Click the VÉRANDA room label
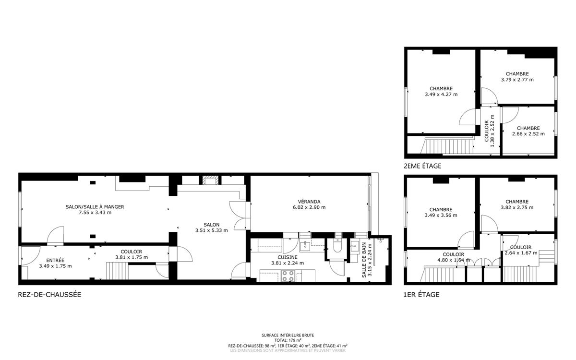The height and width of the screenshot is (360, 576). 309,202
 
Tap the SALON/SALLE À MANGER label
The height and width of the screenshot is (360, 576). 95,207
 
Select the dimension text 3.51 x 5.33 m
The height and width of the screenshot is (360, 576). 211,230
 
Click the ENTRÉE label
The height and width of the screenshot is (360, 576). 55,261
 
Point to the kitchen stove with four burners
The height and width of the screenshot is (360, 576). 288,276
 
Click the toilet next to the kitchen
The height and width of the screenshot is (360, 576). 337,246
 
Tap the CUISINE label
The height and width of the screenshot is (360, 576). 288,257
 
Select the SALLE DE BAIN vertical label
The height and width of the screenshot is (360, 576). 364,260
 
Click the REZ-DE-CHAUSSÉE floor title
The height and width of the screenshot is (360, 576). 49,295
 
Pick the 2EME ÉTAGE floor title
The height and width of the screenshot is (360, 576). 422,166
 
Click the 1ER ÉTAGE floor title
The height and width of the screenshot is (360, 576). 421,295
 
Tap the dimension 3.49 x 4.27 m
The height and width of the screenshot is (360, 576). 441,95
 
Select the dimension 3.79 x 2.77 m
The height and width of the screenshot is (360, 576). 517,80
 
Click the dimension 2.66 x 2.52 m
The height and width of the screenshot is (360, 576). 528,134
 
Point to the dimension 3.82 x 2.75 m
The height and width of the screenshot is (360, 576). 517,207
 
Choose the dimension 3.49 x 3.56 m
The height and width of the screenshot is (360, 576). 441,216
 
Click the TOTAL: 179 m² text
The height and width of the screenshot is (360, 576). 288,340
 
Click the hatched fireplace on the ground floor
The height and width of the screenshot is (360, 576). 211,180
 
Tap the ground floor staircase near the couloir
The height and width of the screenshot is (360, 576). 117,271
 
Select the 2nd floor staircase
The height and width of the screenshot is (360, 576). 448,146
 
